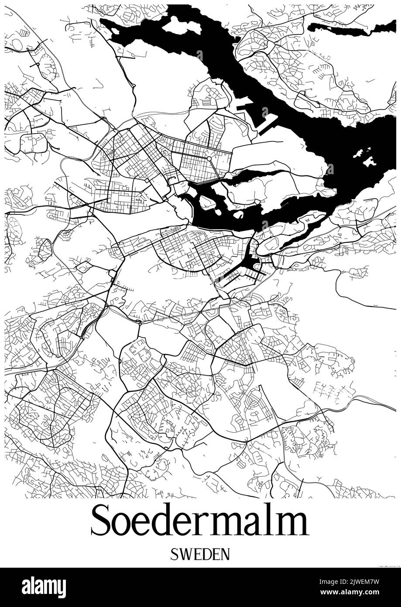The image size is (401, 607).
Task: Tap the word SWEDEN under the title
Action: point(200,555)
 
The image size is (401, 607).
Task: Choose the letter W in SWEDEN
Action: point(185,555)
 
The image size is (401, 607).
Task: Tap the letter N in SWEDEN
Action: point(225,555)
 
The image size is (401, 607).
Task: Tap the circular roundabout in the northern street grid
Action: point(209,158)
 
